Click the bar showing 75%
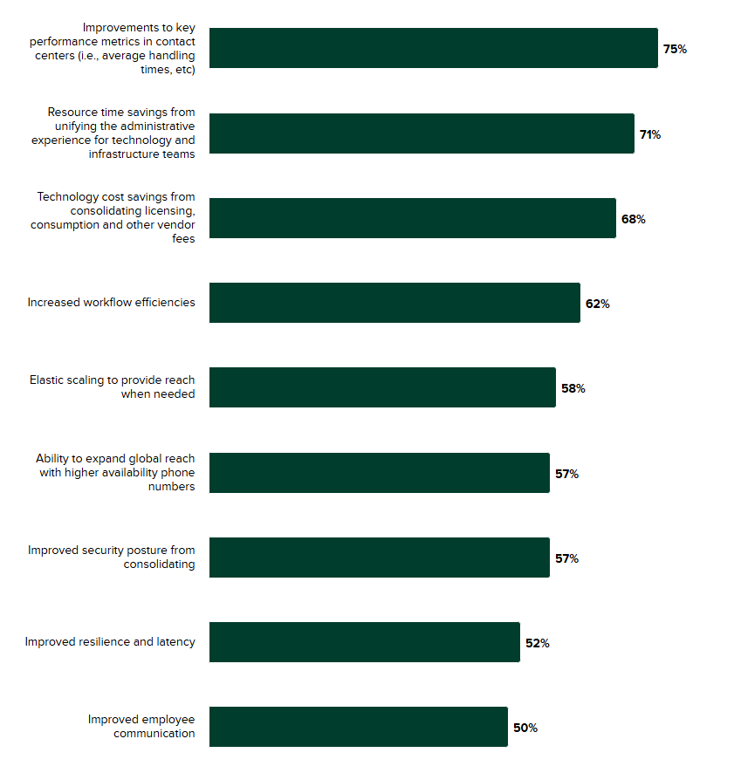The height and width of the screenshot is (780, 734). (433, 48)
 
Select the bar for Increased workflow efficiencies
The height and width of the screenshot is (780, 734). (394, 303)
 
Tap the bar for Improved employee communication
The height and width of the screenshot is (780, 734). (358, 727)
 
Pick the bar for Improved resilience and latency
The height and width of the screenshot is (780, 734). (364, 642)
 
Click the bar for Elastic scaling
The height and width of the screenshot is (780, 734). (382, 387)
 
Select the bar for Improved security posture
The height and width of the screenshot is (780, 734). (379, 558)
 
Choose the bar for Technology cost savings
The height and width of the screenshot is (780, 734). (412, 218)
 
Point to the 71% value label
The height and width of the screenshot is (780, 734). (650, 134)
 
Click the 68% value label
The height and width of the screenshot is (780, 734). (633, 219)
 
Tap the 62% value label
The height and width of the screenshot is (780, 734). (597, 304)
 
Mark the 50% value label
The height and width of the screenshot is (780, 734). (525, 728)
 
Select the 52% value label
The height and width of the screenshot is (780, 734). (537, 643)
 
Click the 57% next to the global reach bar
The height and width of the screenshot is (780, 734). (566, 474)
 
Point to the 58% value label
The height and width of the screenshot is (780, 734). (573, 388)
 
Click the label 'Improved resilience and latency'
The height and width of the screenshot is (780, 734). (110, 642)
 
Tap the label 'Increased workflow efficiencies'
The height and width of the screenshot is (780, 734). (111, 303)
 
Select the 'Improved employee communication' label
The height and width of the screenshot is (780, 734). (141, 727)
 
